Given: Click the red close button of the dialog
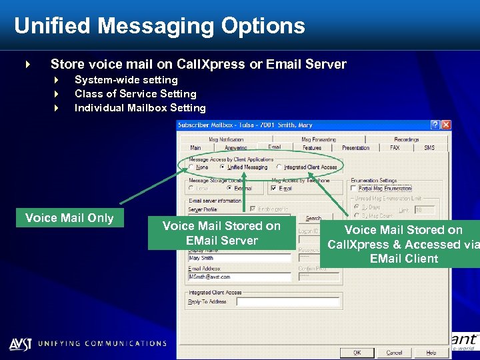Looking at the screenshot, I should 446,125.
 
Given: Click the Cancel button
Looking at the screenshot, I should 394,352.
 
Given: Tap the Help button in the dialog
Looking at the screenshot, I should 431,352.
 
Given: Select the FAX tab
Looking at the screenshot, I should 395,147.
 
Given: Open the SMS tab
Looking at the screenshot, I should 429,147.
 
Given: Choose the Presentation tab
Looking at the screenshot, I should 355,147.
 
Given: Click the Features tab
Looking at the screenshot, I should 312,147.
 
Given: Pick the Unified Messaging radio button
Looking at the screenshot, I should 223,167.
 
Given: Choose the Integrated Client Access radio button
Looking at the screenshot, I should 279,167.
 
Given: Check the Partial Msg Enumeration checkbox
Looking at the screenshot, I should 354,188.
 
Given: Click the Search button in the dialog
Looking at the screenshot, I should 313,218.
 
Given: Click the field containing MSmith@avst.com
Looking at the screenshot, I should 240,275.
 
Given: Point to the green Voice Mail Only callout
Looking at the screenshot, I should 69,218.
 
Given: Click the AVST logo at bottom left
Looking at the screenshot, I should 19,344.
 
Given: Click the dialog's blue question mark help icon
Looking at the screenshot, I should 435,125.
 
